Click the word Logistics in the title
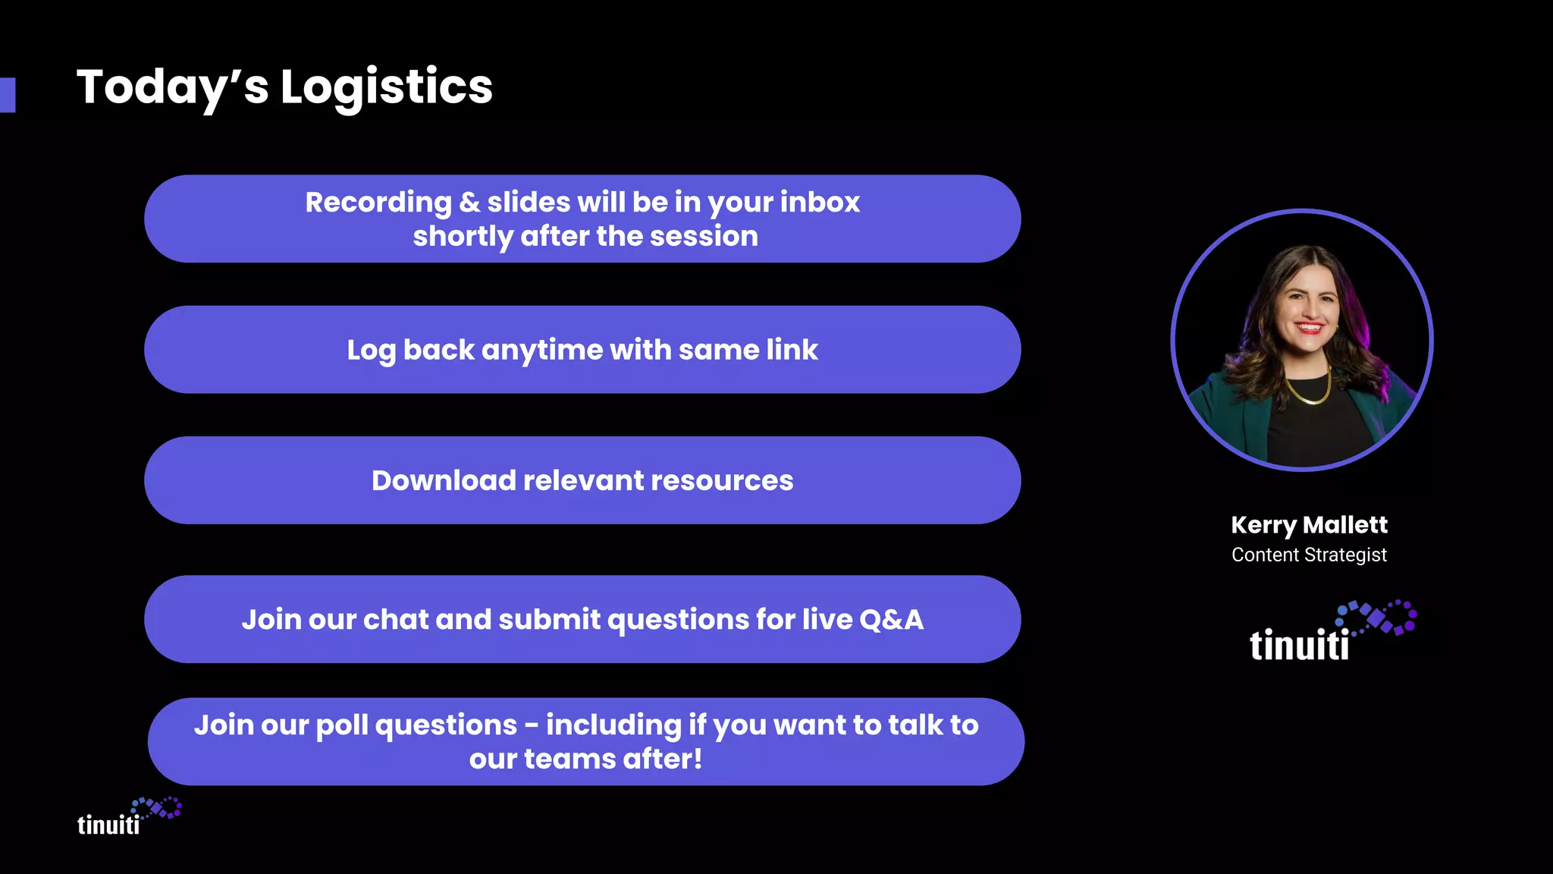point(386,86)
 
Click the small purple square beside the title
point(8,95)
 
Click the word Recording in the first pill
point(378,203)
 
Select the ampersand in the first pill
point(469,203)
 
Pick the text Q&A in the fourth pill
point(891,620)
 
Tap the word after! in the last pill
point(662,759)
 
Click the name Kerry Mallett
point(1309,525)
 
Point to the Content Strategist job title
point(1309,555)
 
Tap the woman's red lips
point(1309,328)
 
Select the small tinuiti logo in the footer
point(128,818)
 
